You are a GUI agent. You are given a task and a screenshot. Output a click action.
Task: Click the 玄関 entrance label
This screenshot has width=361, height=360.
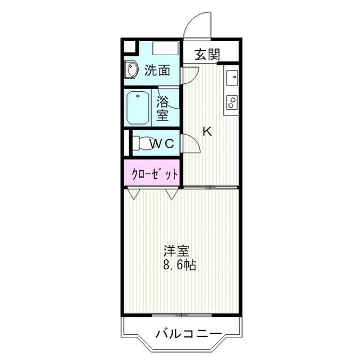[208, 55]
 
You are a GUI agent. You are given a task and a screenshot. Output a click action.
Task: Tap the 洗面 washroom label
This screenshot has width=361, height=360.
[157, 70]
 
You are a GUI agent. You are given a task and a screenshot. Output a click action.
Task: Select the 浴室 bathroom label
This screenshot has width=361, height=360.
[163, 109]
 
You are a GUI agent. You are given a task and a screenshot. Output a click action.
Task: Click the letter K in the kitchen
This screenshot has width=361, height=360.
[207, 131]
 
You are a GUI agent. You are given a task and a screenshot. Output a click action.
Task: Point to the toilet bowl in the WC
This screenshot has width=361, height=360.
[144, 143]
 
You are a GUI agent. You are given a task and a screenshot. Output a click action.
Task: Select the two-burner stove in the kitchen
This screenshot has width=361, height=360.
[231, 102]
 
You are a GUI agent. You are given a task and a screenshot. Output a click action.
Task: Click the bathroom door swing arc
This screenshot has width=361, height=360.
[169, 99]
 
